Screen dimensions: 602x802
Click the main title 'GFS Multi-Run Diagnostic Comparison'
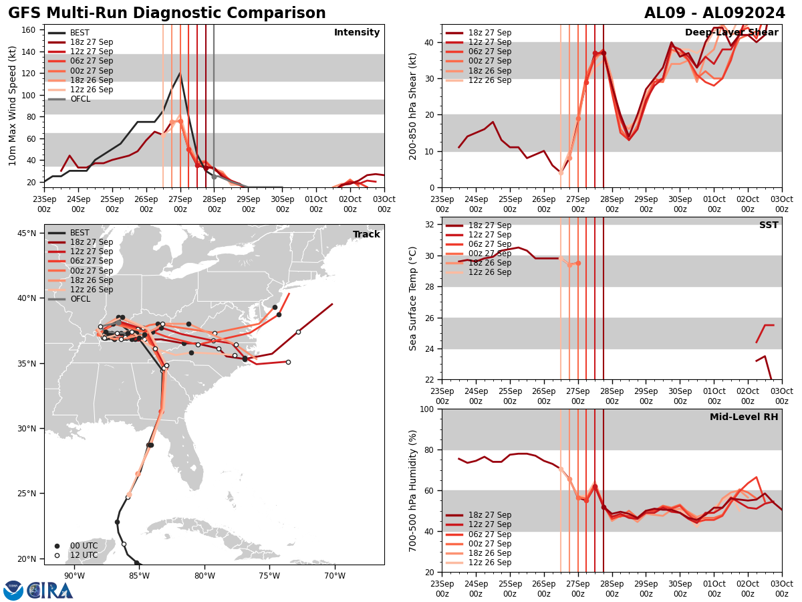167,13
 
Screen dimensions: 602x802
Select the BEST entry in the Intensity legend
80,33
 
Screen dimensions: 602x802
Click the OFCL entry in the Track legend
80,299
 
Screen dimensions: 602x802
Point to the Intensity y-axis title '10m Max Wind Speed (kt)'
13,106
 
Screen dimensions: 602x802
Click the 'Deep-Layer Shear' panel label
731,33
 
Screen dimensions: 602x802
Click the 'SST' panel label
769,225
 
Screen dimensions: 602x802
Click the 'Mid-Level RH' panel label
744,417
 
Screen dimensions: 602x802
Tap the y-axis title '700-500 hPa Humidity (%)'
414,490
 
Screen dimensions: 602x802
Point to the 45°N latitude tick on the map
27,233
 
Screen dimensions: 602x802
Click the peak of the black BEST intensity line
180,73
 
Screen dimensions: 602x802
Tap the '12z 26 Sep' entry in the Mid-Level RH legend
488,563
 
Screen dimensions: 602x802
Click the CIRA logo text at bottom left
50,591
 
